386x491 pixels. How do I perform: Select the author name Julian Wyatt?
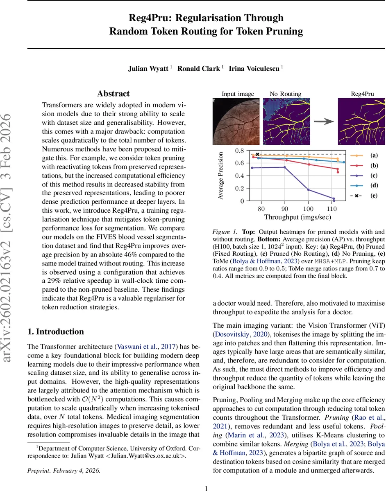[x=148, y=68]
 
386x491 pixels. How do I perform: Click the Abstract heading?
[x=114, y=94]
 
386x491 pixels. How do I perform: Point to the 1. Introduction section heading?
[x=55, y=331]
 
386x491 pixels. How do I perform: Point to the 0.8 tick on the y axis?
[x=239, y=151]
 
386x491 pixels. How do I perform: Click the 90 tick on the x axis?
[x=285, y=209]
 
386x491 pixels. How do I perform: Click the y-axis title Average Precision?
[x=220, y=176]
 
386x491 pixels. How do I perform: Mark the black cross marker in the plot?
[x=257, y=154]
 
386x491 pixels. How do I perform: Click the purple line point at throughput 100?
[x=308, y=189]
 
